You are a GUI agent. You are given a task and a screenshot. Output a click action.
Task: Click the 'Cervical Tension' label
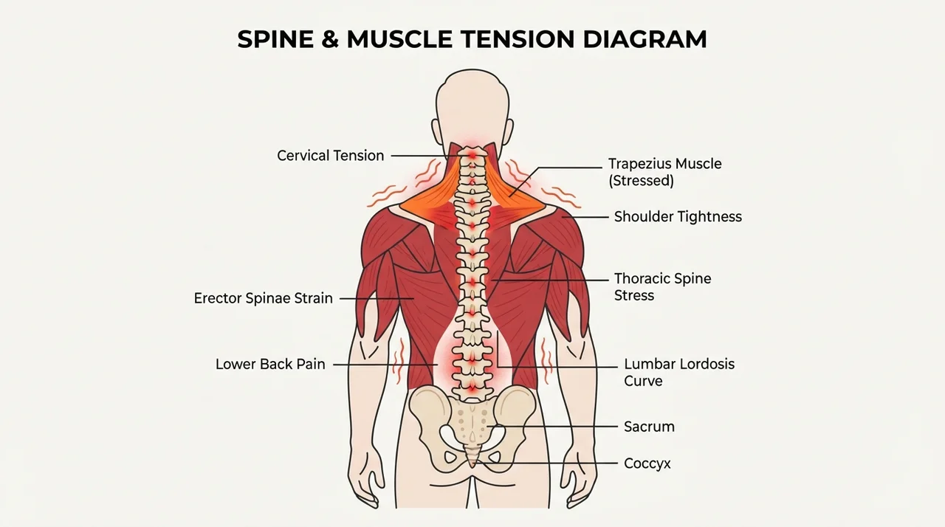pos(330,156)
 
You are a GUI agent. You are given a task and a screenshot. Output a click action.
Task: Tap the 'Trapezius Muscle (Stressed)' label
pos(665,172)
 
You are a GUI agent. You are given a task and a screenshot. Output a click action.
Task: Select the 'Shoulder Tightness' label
pos(678,217)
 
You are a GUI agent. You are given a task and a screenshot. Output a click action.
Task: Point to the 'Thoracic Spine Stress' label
pos(662,286)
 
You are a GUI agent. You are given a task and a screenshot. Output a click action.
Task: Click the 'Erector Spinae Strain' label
pos(264,298)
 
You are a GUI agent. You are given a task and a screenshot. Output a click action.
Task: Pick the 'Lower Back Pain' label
pos(270,365)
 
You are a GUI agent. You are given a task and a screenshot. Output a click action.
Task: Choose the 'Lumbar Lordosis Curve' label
pos(679,372)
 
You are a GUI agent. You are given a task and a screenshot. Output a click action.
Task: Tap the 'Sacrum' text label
pos(649,427)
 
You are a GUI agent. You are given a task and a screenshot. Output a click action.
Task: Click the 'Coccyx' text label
pos(647,464)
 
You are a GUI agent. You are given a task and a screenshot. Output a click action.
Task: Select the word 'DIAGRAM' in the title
pos(645,39)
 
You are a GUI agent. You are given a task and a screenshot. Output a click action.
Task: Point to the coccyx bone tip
pos(472,465)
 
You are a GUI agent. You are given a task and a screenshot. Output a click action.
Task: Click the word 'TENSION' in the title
pos(518,39)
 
